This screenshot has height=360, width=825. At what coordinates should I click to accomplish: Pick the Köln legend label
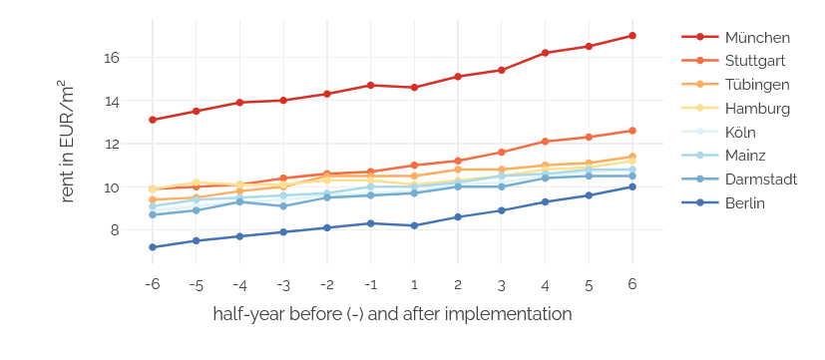coord(740,133)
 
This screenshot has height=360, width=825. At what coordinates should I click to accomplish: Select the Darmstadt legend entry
coord(761,180)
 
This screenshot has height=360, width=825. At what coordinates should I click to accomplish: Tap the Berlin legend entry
coord(745,204)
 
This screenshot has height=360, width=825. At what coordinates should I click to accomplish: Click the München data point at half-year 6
coord(631,36)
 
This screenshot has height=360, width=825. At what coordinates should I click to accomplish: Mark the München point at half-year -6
coord(153,120)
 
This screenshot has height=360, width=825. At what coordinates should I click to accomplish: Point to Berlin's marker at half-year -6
coord(153,247)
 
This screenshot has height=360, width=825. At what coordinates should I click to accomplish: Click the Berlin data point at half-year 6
coord(631,186)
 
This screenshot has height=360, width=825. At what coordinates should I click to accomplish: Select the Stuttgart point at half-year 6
coord(631,131)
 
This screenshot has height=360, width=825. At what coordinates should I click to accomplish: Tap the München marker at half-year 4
coord(545,53)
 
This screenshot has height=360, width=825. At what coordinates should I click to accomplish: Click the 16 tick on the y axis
coord(111,58)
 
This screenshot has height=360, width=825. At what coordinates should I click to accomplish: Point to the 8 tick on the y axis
coord(115,230)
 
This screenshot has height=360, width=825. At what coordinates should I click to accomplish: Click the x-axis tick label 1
coord(414,284)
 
